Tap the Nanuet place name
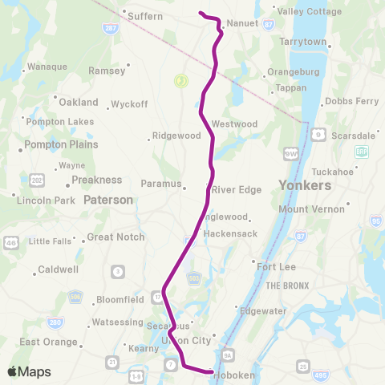point(242,24)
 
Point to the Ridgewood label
point(177,136)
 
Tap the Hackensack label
point(229,233)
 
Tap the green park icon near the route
point(181,80)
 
